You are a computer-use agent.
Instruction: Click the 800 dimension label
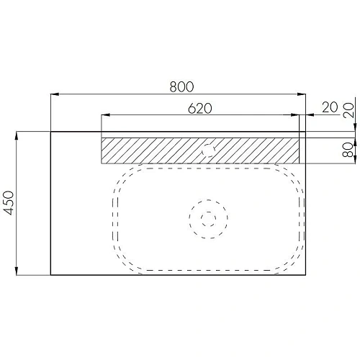181,86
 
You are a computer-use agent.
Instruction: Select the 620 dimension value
200,108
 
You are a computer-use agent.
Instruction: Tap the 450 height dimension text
9,203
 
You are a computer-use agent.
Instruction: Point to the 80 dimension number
348,150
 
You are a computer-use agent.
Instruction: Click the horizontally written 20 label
330,107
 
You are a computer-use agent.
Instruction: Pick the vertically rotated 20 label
348,110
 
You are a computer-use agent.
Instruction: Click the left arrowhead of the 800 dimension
55,94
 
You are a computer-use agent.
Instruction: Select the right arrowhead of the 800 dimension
302,94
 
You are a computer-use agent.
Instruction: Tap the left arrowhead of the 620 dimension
106,115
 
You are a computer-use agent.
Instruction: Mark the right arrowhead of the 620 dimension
295,115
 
